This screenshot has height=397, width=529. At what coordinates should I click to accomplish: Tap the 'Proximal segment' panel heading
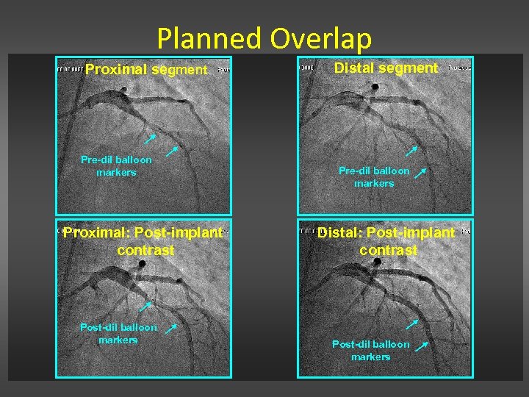(146, 70)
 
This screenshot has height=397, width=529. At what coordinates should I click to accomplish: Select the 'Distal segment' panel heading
(386, 68)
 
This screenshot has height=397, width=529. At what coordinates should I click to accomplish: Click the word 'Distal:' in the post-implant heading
(340, 233)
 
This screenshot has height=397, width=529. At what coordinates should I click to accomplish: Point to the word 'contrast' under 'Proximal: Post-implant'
(145, 250)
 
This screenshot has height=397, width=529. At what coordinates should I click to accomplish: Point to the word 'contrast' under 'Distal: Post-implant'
(388, 250)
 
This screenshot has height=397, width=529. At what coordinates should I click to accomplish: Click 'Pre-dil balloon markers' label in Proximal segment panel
(116, 165)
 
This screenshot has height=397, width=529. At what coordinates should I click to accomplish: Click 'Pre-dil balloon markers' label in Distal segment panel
(374, 176)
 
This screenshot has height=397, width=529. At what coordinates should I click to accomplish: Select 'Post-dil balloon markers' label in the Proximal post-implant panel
(118, 333)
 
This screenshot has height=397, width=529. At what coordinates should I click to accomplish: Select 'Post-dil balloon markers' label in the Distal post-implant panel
(370, 350)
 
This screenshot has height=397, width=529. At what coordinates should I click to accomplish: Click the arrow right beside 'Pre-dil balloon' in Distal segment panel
(421, 173)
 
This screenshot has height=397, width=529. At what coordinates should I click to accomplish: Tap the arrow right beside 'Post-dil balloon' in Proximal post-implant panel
(170, 328)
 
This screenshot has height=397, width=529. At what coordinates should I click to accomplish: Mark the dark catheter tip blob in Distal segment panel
(375, 87)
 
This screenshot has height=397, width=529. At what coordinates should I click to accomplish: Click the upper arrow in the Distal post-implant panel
(412, 323)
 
